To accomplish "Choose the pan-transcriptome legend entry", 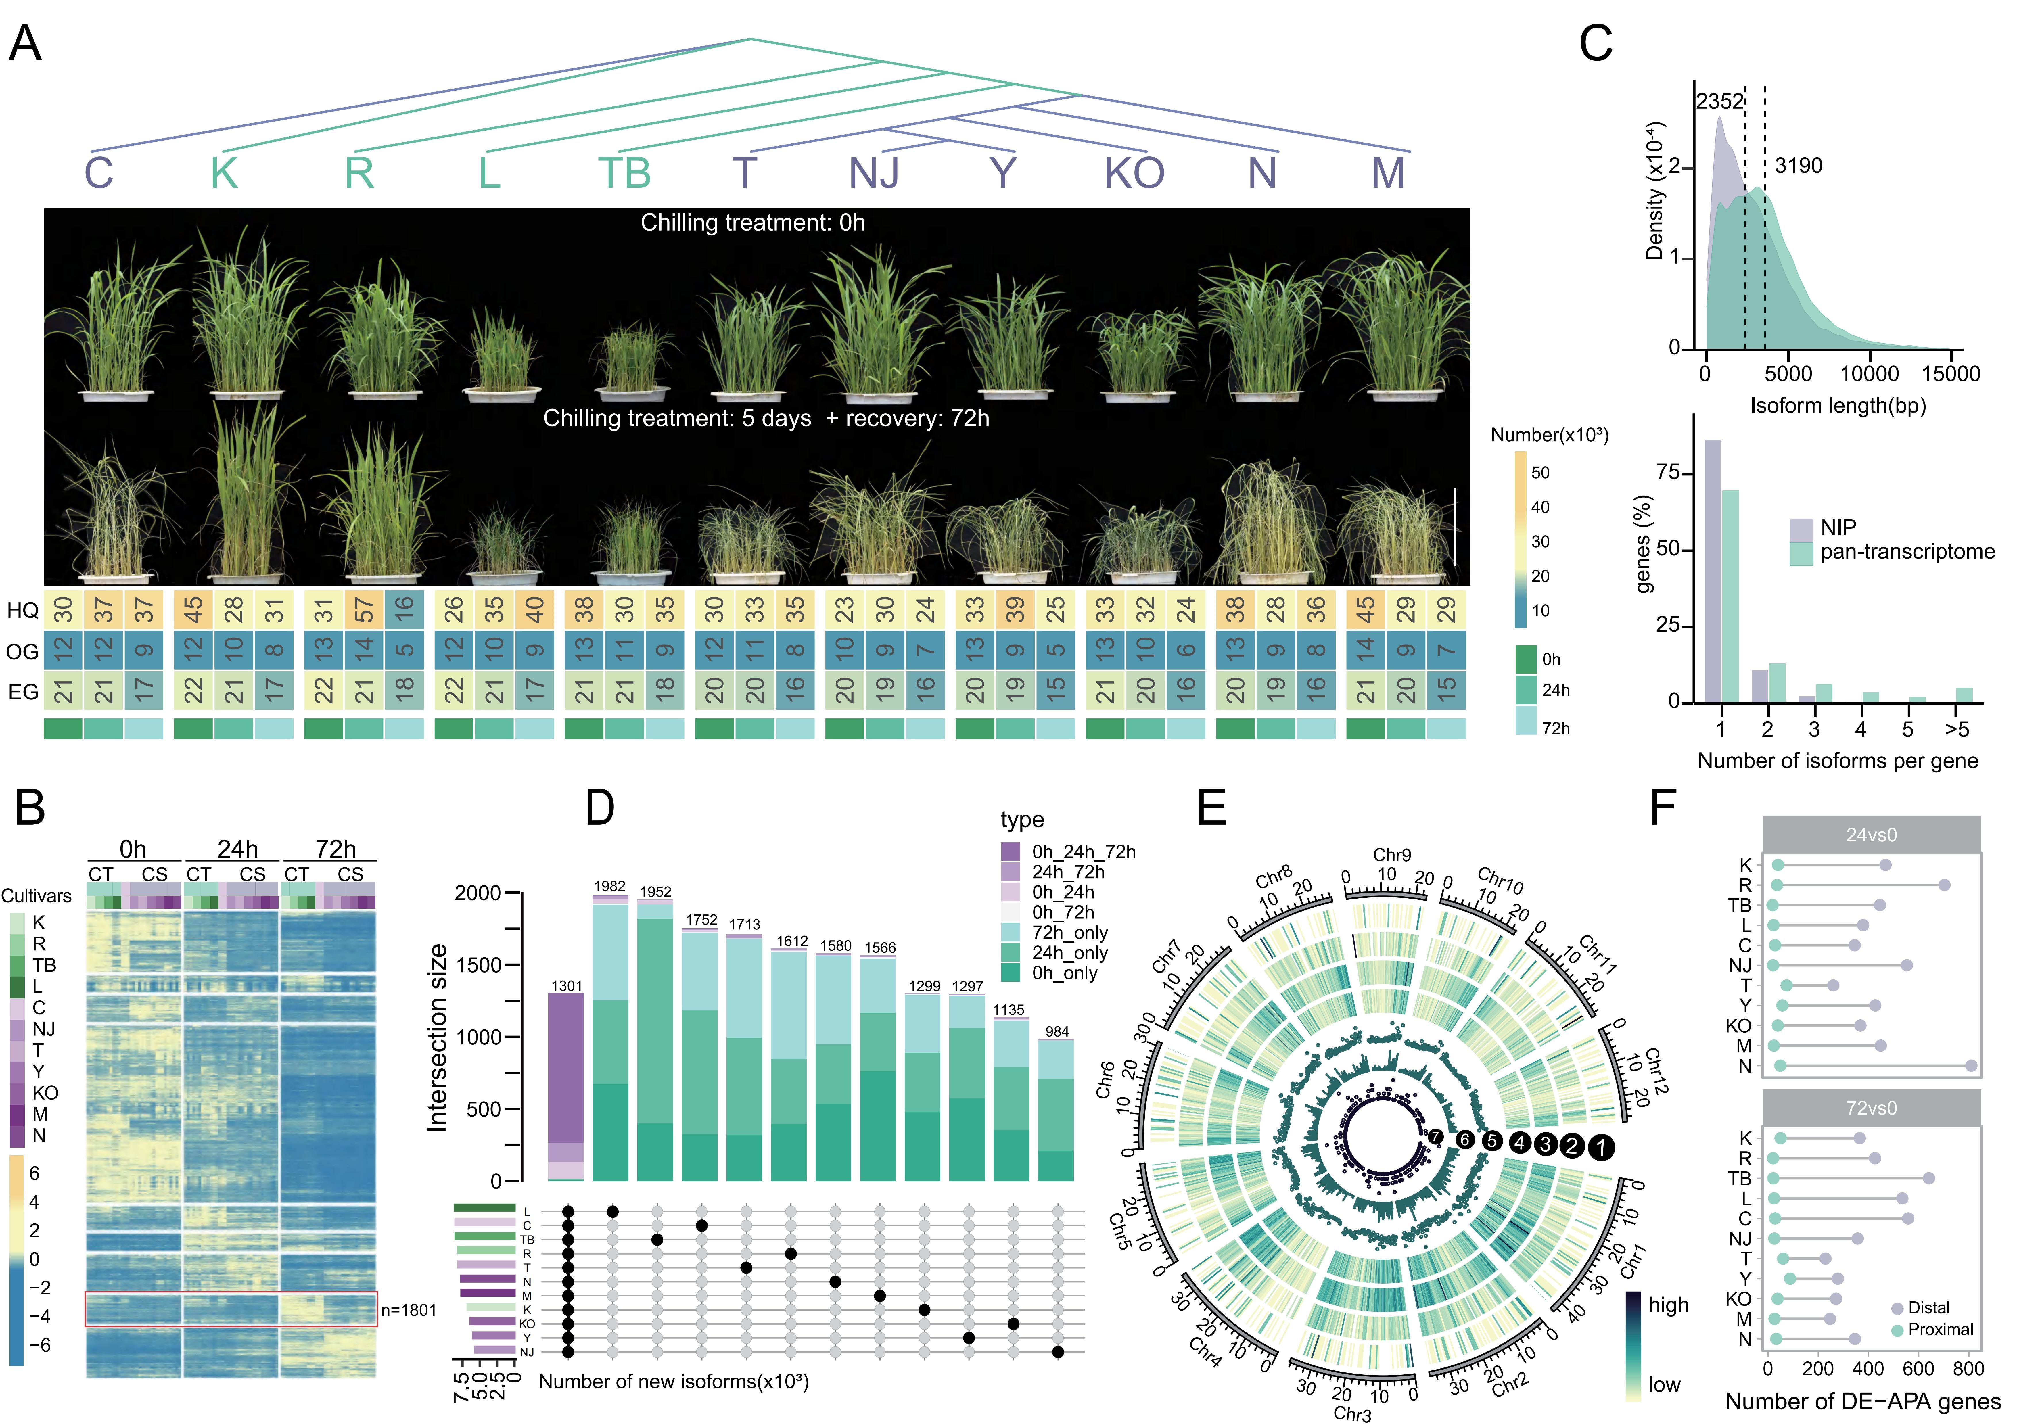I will point(1906,552).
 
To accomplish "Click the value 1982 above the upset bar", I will point(610,886).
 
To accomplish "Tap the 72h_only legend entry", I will point(1069,932).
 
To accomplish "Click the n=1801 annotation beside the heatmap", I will point(409,1310).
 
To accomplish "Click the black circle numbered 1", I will point(1601,1147).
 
